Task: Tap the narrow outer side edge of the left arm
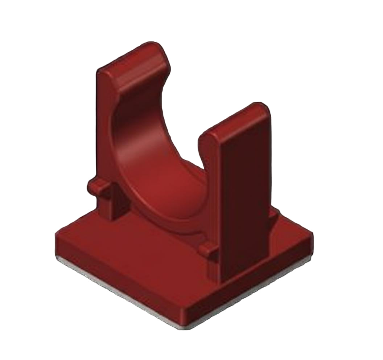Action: coord(102,127)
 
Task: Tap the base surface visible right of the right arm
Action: coord(287,225)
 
